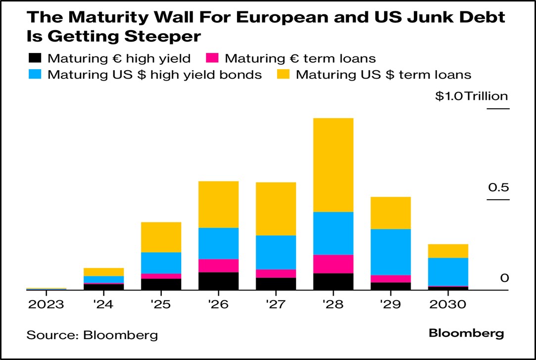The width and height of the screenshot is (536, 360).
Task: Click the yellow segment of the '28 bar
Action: pos(333,165)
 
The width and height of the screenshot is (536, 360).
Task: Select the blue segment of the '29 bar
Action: pos(391,252)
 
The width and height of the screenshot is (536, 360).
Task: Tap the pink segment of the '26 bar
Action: pos(218,266)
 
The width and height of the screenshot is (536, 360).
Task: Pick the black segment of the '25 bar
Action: pos(161,284)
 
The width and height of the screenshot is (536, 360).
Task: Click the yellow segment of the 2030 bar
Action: pos(448,251)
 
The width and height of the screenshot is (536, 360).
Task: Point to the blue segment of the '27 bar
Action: pos(276,252)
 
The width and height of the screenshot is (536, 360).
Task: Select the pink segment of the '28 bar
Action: pos(333,264)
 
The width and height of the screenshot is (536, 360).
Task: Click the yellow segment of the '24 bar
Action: pos(103,272)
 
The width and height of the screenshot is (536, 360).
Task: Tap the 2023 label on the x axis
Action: pos(46,304)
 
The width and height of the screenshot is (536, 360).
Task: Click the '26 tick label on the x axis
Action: pos(218,304)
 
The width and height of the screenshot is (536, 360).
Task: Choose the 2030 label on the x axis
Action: pos(448,304)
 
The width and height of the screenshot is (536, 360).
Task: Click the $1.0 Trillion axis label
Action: pos(471,96)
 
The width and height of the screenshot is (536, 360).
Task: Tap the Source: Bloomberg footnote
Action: pos(92,335)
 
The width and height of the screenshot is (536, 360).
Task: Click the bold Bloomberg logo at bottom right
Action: pos(466,333)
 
